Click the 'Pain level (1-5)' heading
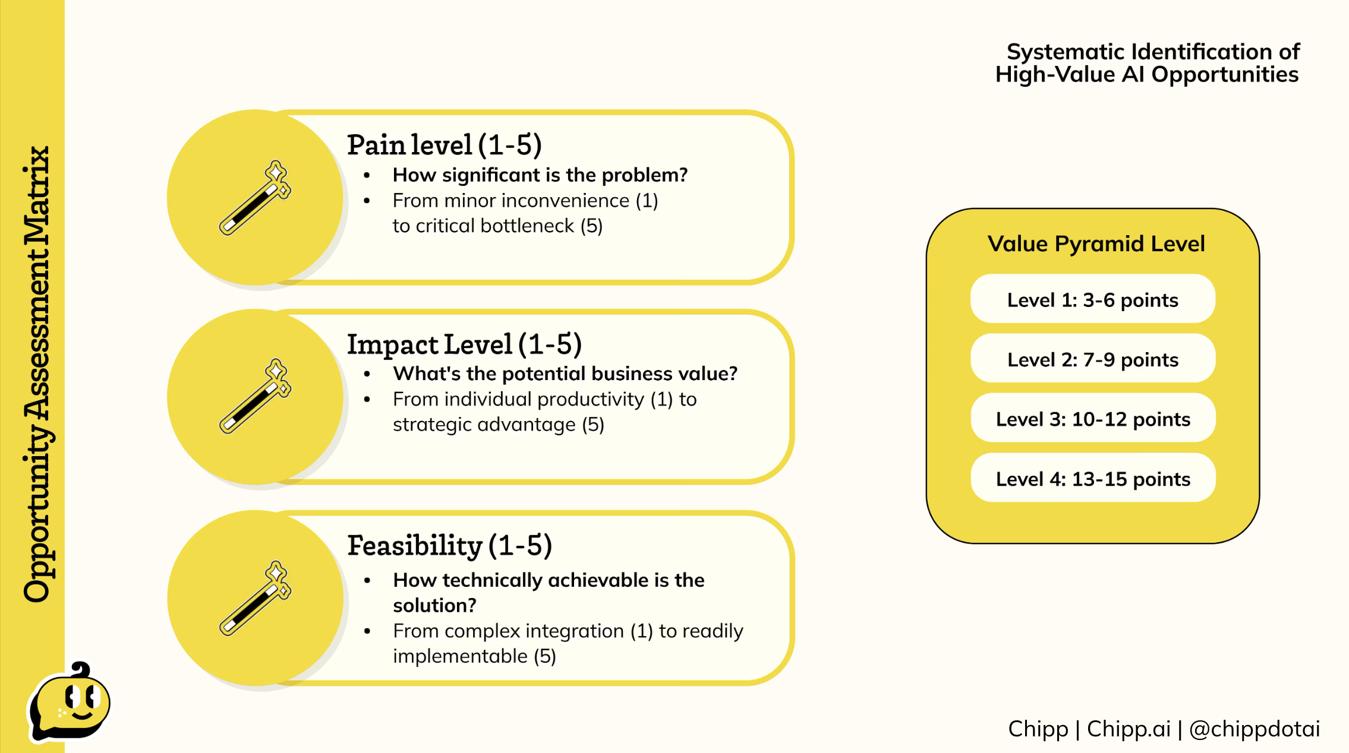[444, 145]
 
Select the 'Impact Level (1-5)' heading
[464, 344]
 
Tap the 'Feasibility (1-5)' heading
[449, 545]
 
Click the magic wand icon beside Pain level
[256, 197]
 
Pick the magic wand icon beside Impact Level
[256, 396]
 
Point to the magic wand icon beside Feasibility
[256, 598]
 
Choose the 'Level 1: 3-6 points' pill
[1093, 299]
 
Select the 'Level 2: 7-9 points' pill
[1093, 358]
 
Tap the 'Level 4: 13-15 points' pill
[1093, 477]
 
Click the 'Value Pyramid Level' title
[1096, 244]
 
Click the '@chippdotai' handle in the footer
[1255, 729]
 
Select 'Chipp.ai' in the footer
[1129, 729]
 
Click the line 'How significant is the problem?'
[540, 175]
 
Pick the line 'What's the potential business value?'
[565, 374]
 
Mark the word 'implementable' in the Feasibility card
[460, 656]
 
